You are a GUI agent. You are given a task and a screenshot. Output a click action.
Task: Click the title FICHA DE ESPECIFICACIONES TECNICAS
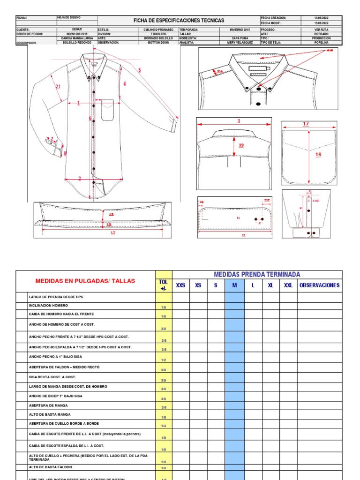(179, 21)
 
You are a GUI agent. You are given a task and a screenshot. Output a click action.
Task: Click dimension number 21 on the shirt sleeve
(58, 87)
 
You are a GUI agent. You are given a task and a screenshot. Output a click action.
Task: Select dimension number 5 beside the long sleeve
(139, 70)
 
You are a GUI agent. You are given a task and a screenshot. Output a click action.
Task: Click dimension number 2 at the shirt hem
(80, 179)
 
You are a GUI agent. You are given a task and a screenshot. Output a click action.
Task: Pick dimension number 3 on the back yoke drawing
(239, 121)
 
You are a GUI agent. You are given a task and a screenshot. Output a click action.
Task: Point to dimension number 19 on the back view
(241, 145)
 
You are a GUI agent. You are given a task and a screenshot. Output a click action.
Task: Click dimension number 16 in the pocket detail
(318, 154)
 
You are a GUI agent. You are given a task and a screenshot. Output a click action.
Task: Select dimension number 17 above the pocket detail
(306, 124)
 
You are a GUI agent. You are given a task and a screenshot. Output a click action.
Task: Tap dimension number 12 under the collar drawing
(112, 232)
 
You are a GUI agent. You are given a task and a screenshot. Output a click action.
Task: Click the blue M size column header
(234, 285)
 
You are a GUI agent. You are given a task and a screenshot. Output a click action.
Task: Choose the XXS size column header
(180, 285)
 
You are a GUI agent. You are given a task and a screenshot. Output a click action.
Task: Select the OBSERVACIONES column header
(319, 285)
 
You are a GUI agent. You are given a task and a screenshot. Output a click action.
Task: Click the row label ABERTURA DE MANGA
(48, 405)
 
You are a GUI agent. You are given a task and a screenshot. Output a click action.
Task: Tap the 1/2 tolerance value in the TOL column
(164, 360)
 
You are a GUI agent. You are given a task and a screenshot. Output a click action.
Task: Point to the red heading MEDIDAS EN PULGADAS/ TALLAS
(85, 281)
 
